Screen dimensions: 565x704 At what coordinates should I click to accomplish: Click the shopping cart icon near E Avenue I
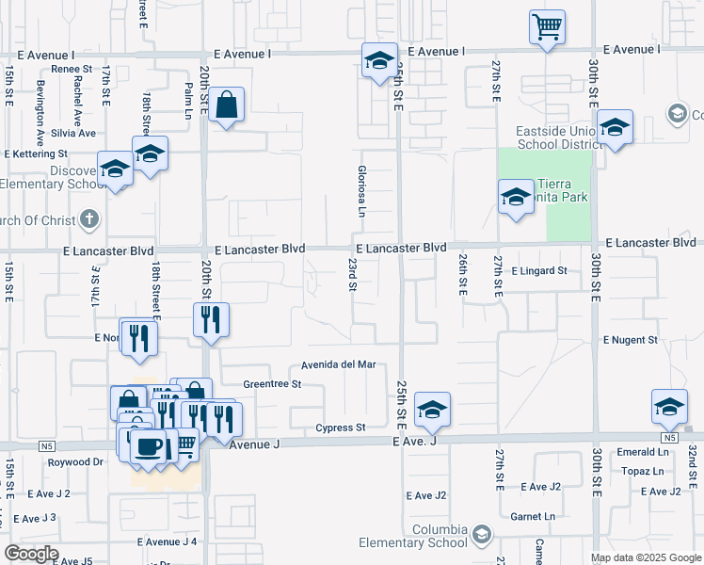pos(547,26)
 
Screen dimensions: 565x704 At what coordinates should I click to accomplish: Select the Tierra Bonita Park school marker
pos(516,198)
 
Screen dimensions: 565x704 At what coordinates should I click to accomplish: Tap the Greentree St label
pos(272,384)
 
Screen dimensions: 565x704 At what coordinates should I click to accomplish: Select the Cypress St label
pos(340,428)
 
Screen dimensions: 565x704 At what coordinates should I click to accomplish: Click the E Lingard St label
pos(539,271)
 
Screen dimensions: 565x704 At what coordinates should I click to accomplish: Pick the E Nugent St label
pos(631,339)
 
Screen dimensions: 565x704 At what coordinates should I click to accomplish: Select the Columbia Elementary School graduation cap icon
pos(481,535)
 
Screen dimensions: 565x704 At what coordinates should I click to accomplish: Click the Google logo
pos(31,553)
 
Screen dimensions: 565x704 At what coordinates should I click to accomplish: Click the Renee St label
pos(72,70)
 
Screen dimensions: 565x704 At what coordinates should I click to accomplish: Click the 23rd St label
pos(352,275)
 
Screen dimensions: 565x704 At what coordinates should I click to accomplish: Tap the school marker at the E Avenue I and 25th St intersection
pos(378,62)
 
